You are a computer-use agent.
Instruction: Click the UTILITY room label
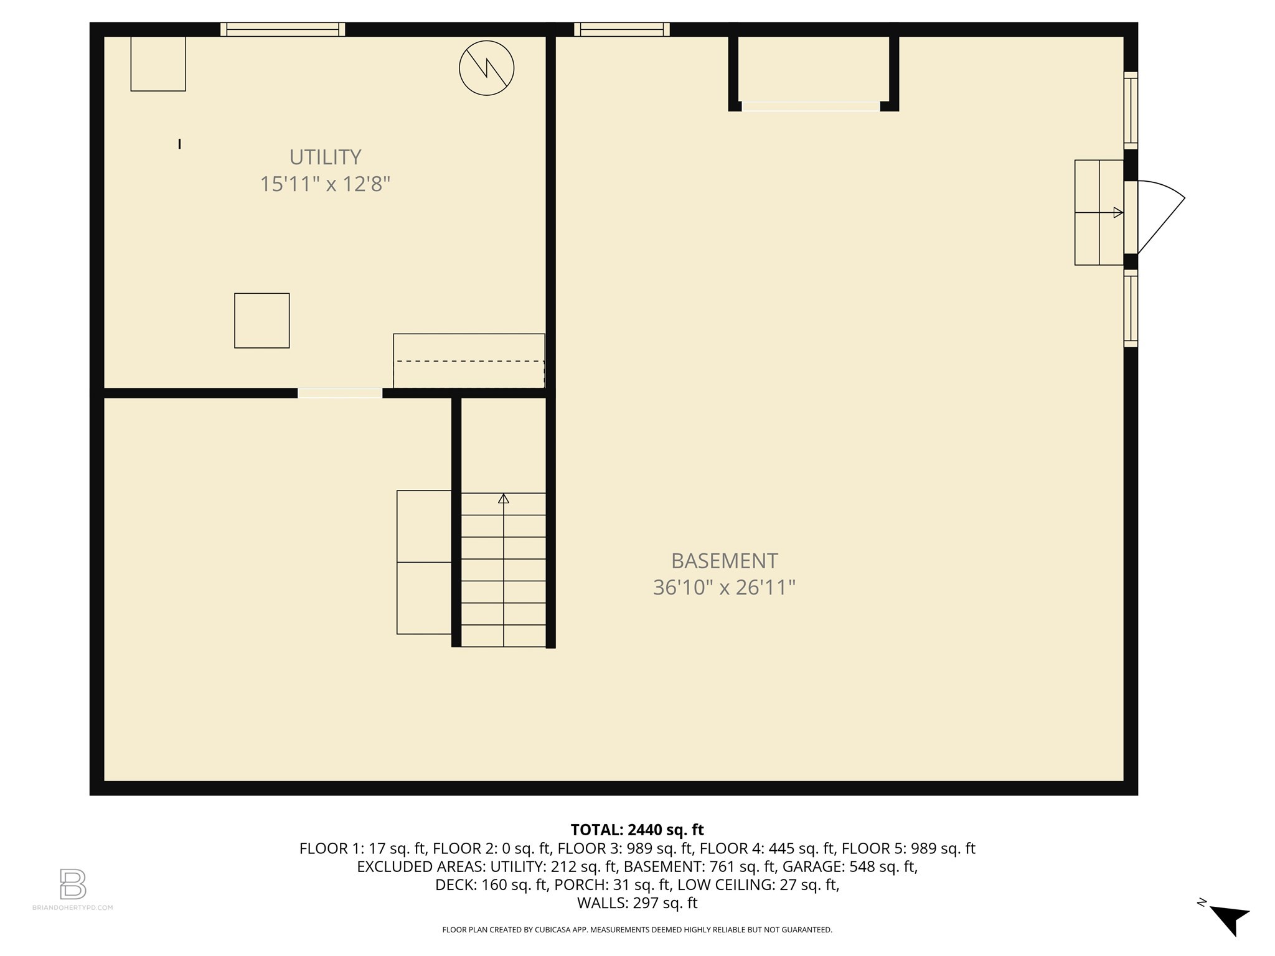point(325,157)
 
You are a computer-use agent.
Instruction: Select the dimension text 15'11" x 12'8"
point(325,184)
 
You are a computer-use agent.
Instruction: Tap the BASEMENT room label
point(724,561)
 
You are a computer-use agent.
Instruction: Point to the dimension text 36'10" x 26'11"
point(724,588)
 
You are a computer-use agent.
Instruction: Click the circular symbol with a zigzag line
point(486,68)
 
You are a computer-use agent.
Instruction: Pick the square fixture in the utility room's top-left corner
point(158,63)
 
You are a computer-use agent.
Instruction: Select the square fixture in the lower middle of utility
point(261,321)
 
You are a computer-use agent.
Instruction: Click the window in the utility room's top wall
point(283,29)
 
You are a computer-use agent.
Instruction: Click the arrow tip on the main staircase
point(504,499)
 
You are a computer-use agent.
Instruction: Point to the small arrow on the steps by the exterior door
point(1118,212)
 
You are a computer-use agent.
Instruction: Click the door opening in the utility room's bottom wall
point(340,393)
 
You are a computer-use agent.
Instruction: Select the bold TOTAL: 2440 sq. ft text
point(637,830)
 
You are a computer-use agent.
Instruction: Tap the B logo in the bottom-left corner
point(73,884)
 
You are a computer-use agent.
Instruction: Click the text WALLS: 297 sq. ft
point(637,903)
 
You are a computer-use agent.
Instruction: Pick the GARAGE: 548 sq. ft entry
point(849,866)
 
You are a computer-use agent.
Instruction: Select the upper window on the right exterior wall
point(1131,111)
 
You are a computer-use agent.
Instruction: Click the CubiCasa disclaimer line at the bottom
point(637,930)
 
